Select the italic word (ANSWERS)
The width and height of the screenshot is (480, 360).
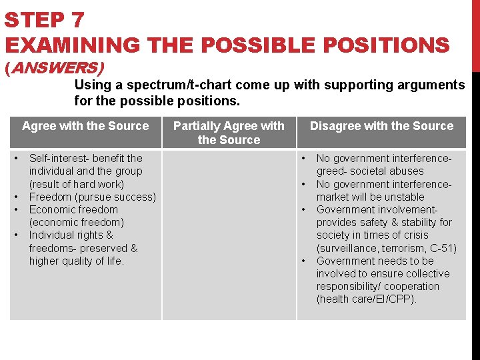[x=55, y=67]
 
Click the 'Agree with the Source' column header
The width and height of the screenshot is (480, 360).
[x=85, y=126]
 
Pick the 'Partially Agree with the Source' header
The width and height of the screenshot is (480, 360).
[x=229, y=133]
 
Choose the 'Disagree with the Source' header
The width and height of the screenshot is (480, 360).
[x=381, y=126]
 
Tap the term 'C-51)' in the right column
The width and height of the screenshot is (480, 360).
[x=443, y=248]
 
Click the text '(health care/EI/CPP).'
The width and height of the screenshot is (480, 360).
[x=367, y=299]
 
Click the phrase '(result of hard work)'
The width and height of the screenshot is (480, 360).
[x=77, y=184]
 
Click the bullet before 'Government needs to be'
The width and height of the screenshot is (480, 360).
[x=304, y=261]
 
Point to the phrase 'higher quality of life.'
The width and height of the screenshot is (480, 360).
[x=77, y=261]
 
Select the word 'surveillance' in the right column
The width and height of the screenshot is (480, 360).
[x=346, y=248]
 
